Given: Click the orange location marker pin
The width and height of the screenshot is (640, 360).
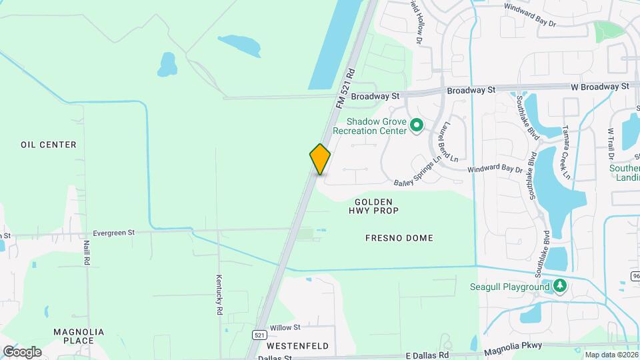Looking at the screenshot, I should [x=320, y=159].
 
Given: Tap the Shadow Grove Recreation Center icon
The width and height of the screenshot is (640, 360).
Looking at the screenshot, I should [x=417, y=125].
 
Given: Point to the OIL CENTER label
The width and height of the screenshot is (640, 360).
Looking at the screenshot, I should [x=49, y=145].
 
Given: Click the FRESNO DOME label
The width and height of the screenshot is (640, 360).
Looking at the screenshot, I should [x=399, y=238].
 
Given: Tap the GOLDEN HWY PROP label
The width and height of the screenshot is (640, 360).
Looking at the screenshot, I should [x=373, y=206].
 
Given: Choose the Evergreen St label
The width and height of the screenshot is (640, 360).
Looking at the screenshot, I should [x=114, y=233].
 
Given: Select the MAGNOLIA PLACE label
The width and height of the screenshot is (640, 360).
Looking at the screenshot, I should [x=78, y=336].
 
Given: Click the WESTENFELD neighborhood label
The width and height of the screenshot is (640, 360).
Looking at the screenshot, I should [x=297, y=347].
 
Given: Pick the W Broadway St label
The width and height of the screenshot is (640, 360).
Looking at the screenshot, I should [x=599, y=87].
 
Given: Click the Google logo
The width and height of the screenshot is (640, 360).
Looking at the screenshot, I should [x=22, y=351].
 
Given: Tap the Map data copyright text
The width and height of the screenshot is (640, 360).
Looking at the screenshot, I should [x=611, y=355].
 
